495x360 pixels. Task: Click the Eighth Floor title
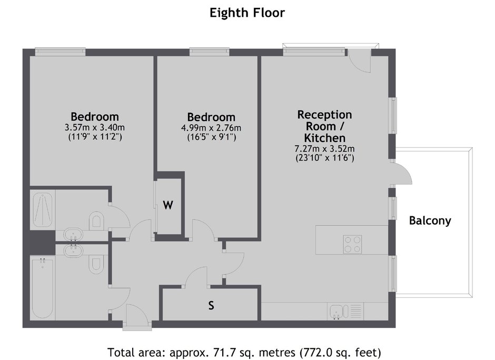click(247, 13)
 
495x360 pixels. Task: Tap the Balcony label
click(430, 221)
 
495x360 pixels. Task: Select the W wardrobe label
click(168, 205)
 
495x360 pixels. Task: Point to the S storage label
click(211, 305)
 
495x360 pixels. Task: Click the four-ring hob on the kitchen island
click(353, 244)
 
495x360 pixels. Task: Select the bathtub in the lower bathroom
click(43, 288)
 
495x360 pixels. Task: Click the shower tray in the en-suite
click(43, 209)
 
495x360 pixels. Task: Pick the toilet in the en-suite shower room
click(96, 221)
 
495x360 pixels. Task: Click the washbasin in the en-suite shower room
click(73, 235)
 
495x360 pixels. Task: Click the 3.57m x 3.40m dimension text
click(95, 128)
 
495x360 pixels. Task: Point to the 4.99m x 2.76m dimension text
click(211, 128)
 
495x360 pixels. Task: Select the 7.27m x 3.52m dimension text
click(324, 148)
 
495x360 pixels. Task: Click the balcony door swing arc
click(407, 171)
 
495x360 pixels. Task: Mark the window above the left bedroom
click(61, 52)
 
